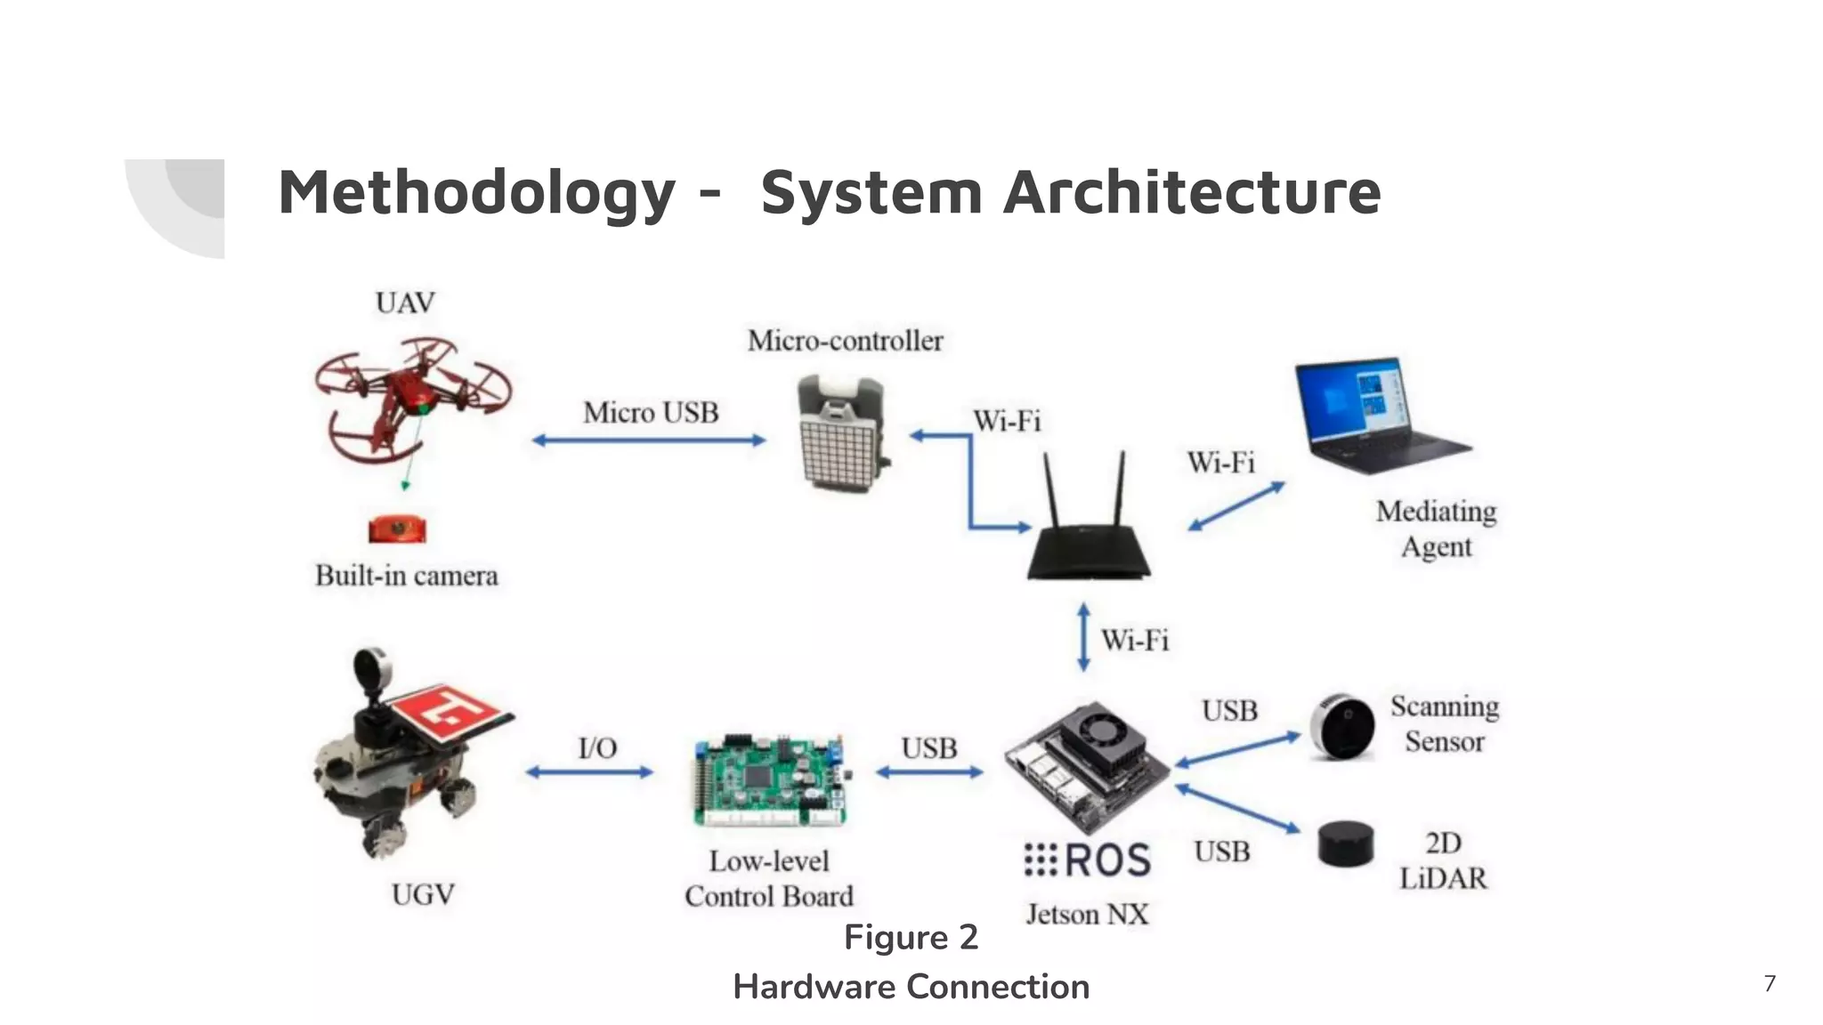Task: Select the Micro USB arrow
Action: (x=649, y=440)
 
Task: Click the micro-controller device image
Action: (x=841, y=433)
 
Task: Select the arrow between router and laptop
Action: (x=1236, y=506)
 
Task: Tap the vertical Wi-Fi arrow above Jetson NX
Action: (x=1083, y=637)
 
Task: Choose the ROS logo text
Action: (x=1088, y=860)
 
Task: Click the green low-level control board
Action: (x=769, y=780)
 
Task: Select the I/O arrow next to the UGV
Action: (x=589, y=772)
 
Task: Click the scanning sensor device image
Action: (x=1343, y=726)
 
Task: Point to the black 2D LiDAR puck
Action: (x=1345, y=843)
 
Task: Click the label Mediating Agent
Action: (x=1436, y=529)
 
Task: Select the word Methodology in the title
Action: (x=476, y=192)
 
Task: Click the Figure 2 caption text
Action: (x=911, y=938)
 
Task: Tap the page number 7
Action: (x=1770, y=983)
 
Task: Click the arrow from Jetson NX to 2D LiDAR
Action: (x=1237, y=810)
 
